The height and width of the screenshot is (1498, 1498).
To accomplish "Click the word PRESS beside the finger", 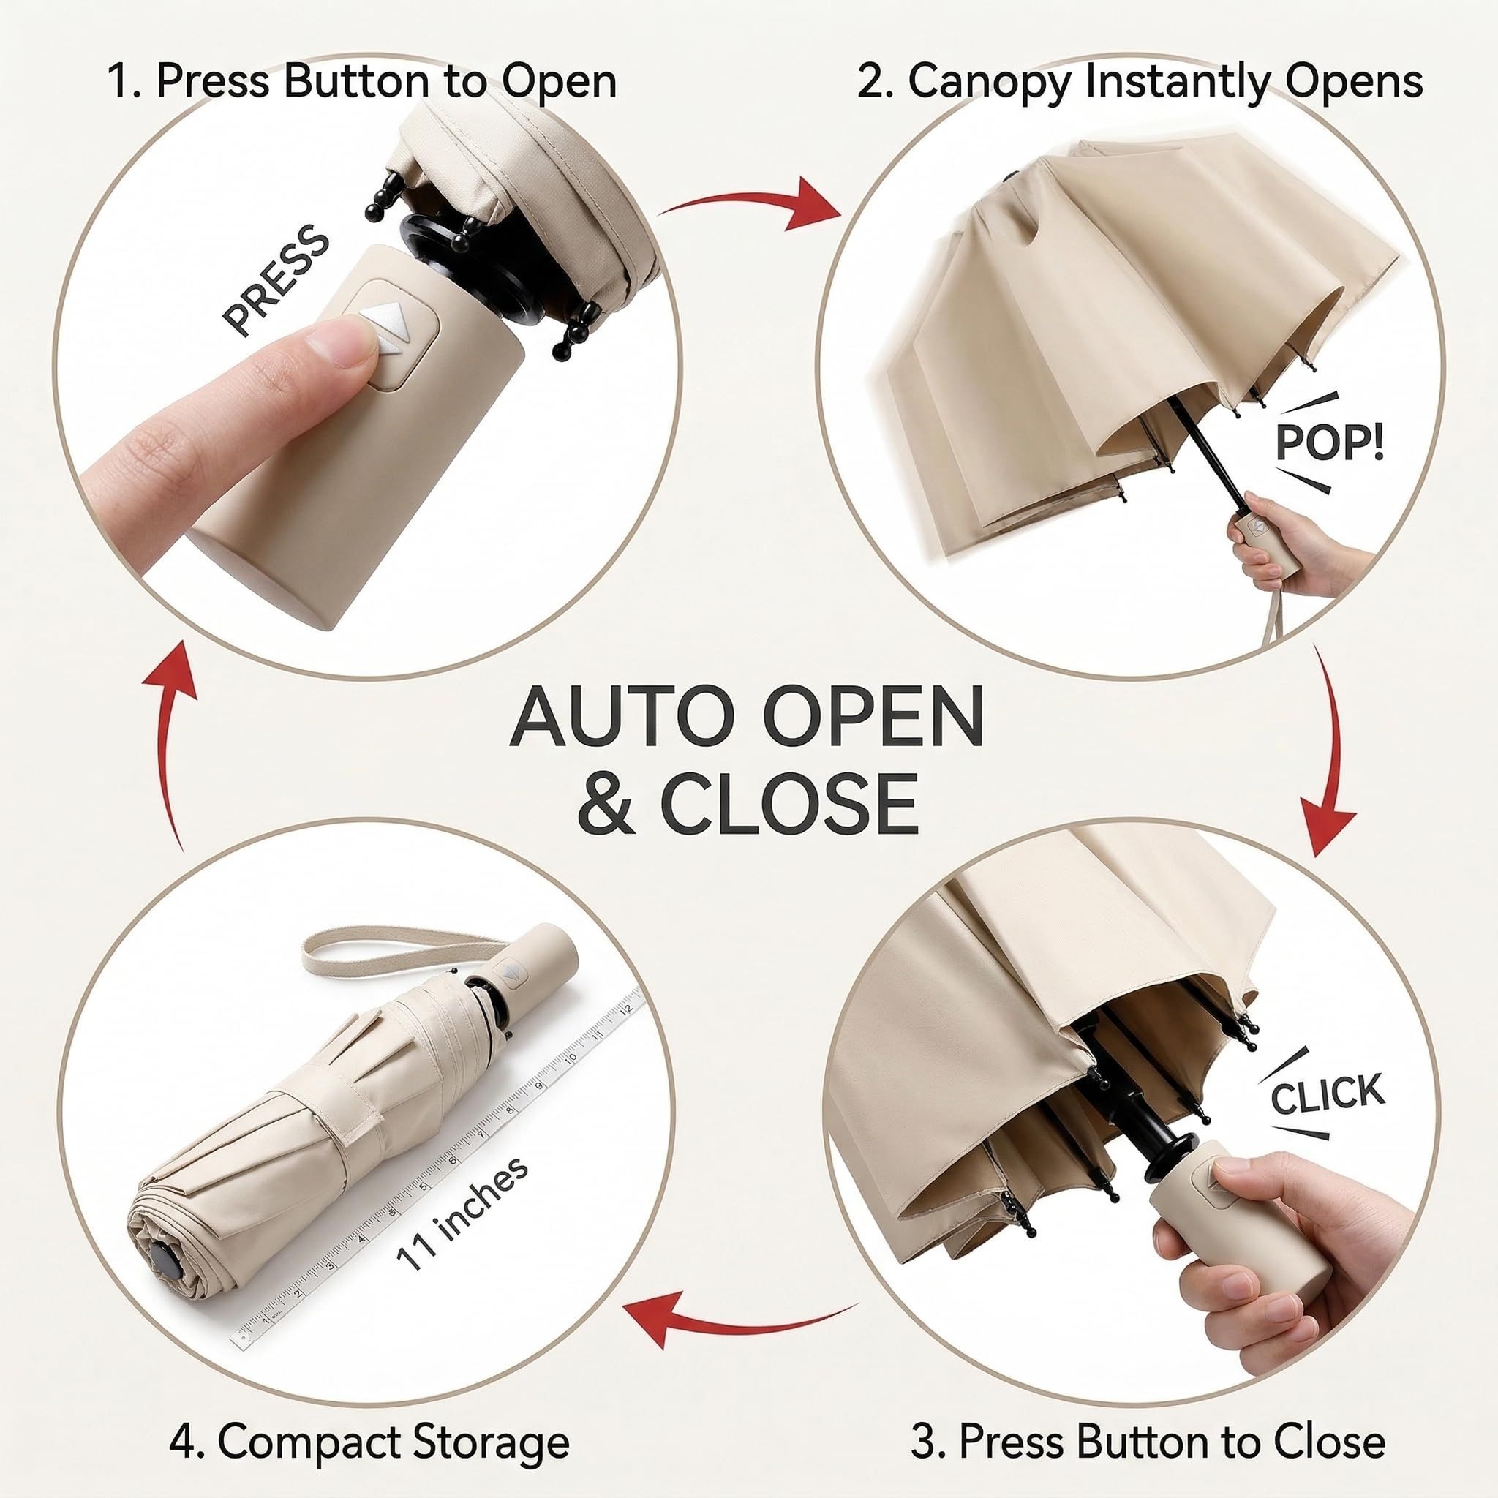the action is [276, 281].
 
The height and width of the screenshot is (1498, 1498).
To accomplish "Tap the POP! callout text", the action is [1329, 443].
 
